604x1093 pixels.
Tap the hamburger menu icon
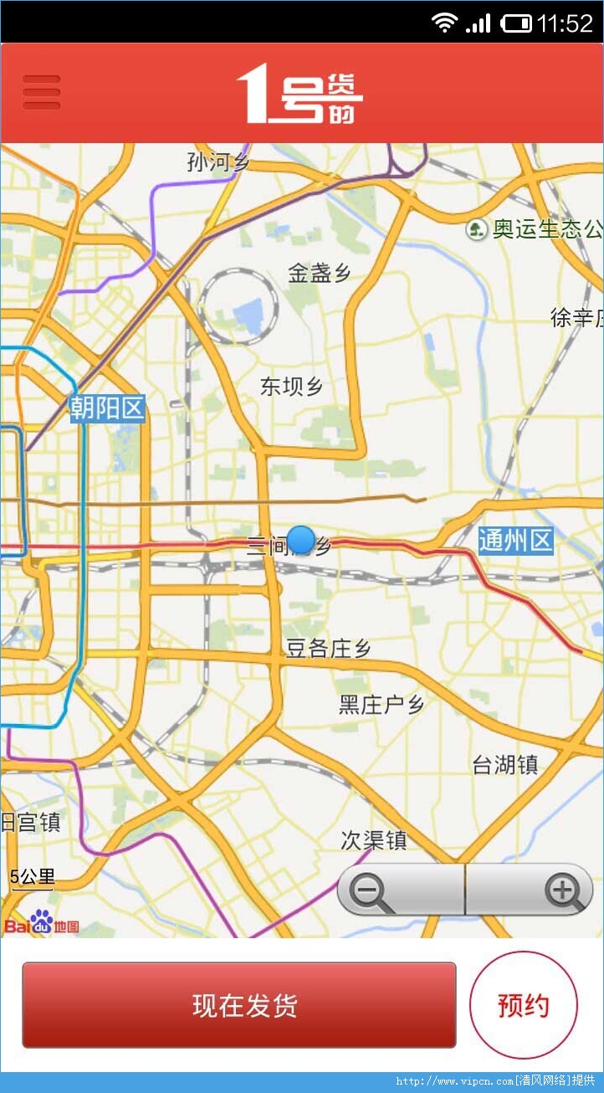pos(42,92)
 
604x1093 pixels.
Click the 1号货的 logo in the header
pos(299,94)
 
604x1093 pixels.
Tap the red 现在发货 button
pos(239,1005)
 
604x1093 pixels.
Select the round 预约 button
pos(524,1005)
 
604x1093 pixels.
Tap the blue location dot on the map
pos(301,540)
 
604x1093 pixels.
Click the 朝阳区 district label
pos(108,408)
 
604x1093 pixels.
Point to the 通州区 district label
pos(516,541)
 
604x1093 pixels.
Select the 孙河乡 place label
pos(218,162)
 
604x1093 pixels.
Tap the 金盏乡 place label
pos(319,273)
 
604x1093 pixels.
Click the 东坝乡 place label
pos(291,387)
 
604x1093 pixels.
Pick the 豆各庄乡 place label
pos(329,649)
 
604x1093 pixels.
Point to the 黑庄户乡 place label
pos(381,705)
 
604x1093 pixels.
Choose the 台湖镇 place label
pos(505,764)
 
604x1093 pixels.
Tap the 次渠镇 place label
pos(374,840)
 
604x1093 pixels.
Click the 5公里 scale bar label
pos(33,878)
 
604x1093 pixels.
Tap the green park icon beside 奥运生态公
pos(477,228)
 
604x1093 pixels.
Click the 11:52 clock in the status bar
pos(565,23)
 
